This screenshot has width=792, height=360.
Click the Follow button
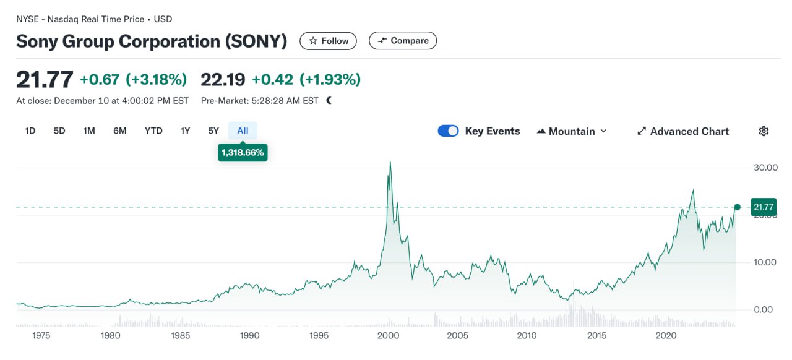coord(329,41)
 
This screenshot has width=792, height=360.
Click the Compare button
coord(403,41)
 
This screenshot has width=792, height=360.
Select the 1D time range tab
coord(30,131)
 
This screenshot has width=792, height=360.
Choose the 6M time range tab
coord(120,131)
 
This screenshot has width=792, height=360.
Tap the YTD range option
coord(153,131)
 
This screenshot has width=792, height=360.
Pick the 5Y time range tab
coord(213,131)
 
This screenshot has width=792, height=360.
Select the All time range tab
coord(243,131)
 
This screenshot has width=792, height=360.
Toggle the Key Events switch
coord(448,131)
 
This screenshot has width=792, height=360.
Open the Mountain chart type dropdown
coord(572,131)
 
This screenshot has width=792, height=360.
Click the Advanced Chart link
coord(683,131)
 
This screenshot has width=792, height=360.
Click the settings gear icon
coord(764,131)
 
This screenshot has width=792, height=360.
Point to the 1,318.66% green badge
coord(243,152)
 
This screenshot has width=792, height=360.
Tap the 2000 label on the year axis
coord(388,335)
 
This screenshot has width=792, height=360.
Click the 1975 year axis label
coord(41,335)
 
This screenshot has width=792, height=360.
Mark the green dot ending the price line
coord(737,207)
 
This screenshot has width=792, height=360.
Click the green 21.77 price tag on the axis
coord(763,207)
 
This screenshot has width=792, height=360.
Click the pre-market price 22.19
coord(223,79)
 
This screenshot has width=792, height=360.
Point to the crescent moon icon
coord(329,100)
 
